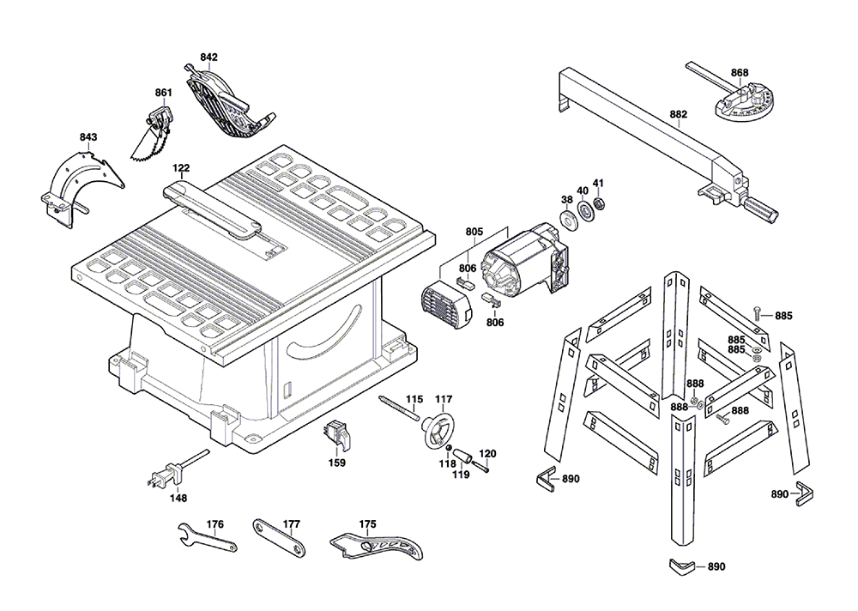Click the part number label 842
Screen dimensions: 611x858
(x=208, y=57)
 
